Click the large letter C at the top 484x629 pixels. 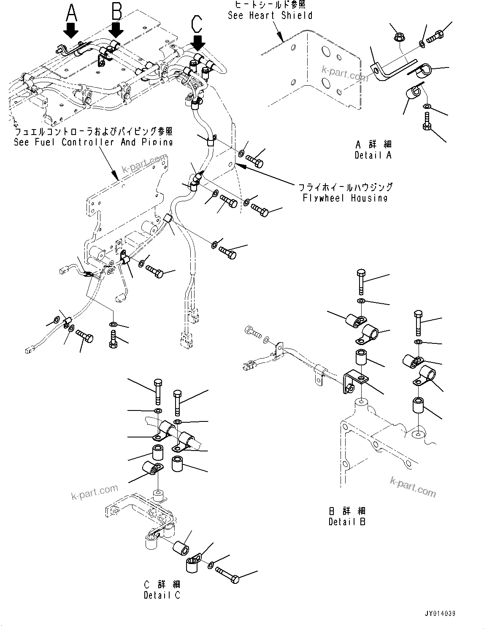pyautogui.click(x=197, y=24)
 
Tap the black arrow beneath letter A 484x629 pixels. pyautogui.click(x=70, y=31)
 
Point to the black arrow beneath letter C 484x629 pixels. pyautogui.click(x=197, y=42)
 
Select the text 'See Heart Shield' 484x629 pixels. pyautogui.click(x=270, y=16)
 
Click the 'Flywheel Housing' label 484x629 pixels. pyautogui.click(x=345, y=198)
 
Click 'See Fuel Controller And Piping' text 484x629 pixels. pyautogui.click(x=93, y=142)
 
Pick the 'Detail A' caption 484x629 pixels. pyautogui.click(x=373, y=155)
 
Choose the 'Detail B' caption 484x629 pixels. pyautogui.click(x=347, y=522)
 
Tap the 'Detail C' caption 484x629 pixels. pyautogui.click(x=162, y=595)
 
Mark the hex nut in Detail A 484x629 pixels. pyautogui.click(x=399, y=38)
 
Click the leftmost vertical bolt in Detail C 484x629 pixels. pyautogui.click(x=157, y=391)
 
